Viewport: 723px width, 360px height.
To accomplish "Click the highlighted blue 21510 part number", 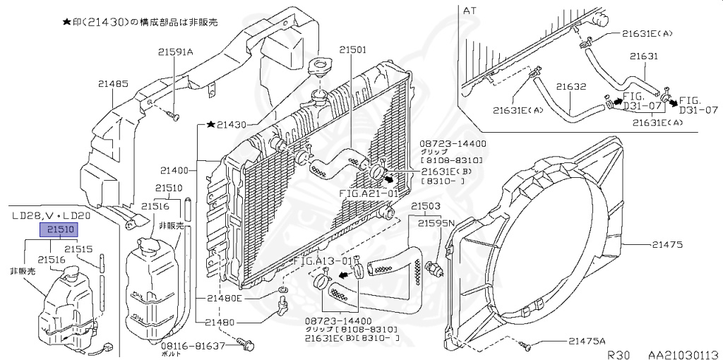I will point(61,229).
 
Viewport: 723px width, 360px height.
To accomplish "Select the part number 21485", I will point(113,83).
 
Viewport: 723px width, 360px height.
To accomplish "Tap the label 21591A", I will point(175,51).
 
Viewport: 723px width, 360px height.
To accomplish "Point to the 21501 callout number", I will point(352,50).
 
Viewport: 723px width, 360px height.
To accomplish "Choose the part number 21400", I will point(174,170).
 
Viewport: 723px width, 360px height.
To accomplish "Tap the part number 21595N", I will point(435,223).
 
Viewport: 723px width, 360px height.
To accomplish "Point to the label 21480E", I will point(224,297).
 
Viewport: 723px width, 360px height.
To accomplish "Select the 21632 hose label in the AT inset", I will point(571,87).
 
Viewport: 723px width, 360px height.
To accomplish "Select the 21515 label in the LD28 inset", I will point(79,248).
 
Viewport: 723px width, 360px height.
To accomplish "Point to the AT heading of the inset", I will point(470,11).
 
